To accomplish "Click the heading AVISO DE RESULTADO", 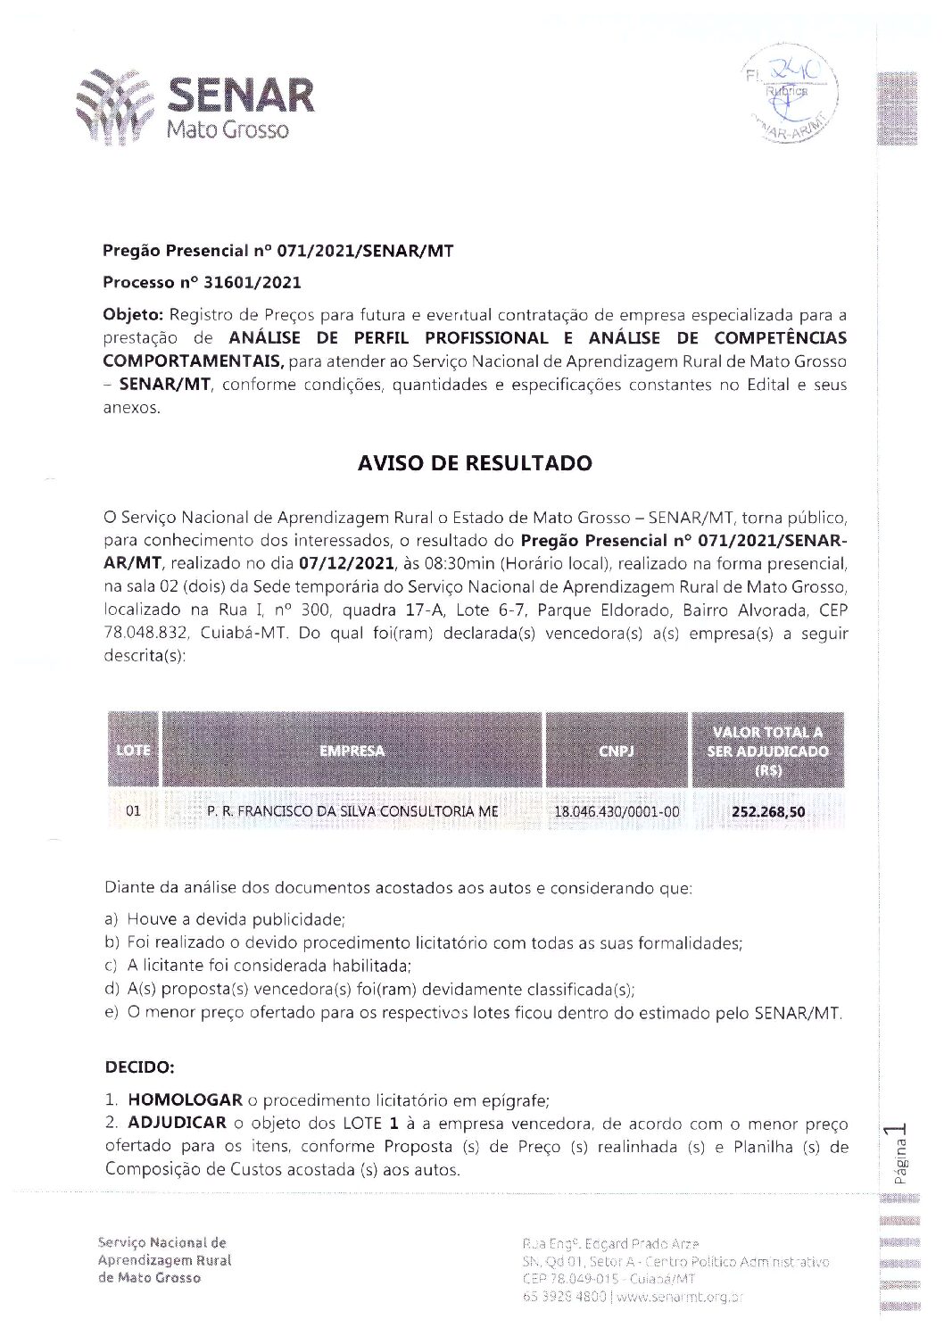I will click(x=474, y=463).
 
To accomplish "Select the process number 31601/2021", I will click(x=253, y=283).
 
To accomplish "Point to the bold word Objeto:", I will click(x=133, y=315).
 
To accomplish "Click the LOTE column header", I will click(x=133, y=751).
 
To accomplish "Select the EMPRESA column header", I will click(x=352, y=751).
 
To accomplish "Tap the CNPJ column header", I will click(x=616, y=751).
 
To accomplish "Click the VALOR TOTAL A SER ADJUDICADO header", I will click(x=767, y=751).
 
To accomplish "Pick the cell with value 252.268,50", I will click(x=767, y=812).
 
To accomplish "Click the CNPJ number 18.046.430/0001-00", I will click(x=616, y=812).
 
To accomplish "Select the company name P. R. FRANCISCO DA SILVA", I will click(x=352, y=812).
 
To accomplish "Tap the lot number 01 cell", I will click(x=133, y=812).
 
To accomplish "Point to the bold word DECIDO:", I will click(x=139, y=1067).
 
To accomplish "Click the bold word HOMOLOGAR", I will click(x=185, y=1100).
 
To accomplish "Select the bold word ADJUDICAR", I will click(x=177, y=1124).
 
